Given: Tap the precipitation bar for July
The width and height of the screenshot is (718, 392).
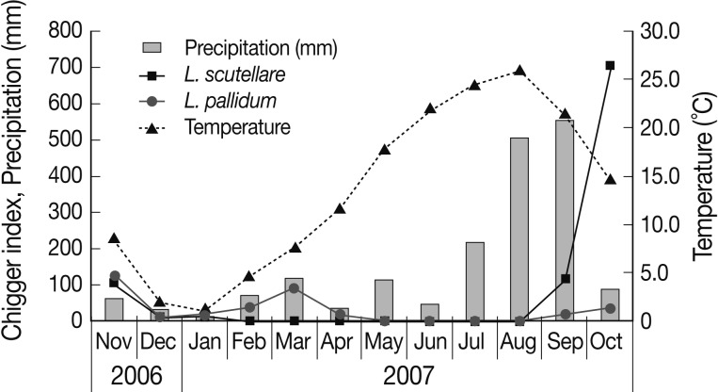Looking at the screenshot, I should click(474, 282).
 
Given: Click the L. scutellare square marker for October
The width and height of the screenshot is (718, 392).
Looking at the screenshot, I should click(610, 65).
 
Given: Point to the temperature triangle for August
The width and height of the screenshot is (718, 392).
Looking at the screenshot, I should click(519, 71).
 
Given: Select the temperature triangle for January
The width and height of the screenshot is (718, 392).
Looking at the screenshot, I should click(204, 310).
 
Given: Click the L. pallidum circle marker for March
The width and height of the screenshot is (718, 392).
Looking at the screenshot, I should click(295, 287).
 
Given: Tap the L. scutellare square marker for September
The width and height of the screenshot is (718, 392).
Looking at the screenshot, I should click(565, 279).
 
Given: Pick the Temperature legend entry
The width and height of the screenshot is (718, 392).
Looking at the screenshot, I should click(237, 125).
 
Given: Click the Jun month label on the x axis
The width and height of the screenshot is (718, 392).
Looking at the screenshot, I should click(429, 340).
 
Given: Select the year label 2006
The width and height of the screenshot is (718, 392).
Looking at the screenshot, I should click(136, 373).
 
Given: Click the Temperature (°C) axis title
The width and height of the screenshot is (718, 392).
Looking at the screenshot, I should click(703, 176).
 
